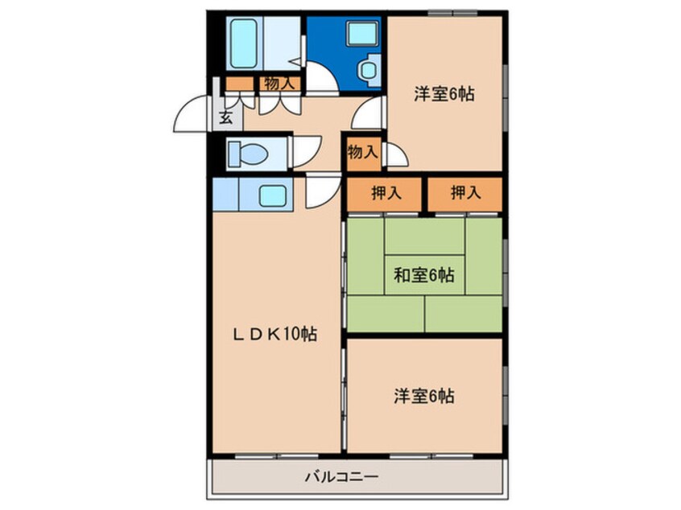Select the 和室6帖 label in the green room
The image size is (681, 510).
(x=423, y=276)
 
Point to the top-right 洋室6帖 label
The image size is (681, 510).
(x=444, y=94)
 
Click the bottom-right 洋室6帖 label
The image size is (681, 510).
(x=424, y=396)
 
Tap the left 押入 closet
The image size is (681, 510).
(x=385, y=194)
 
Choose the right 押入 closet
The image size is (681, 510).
(x=464, y=194)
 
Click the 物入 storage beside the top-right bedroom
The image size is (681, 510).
(x=363, y=151)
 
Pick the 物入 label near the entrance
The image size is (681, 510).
(x=280, y=82)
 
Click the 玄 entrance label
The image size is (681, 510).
(x=225, y=117)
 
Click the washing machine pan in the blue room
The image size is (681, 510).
(x=358, y=35)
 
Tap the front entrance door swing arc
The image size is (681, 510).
(x=191, y=117)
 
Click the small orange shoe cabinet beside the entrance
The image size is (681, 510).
(x=239, y=83)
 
